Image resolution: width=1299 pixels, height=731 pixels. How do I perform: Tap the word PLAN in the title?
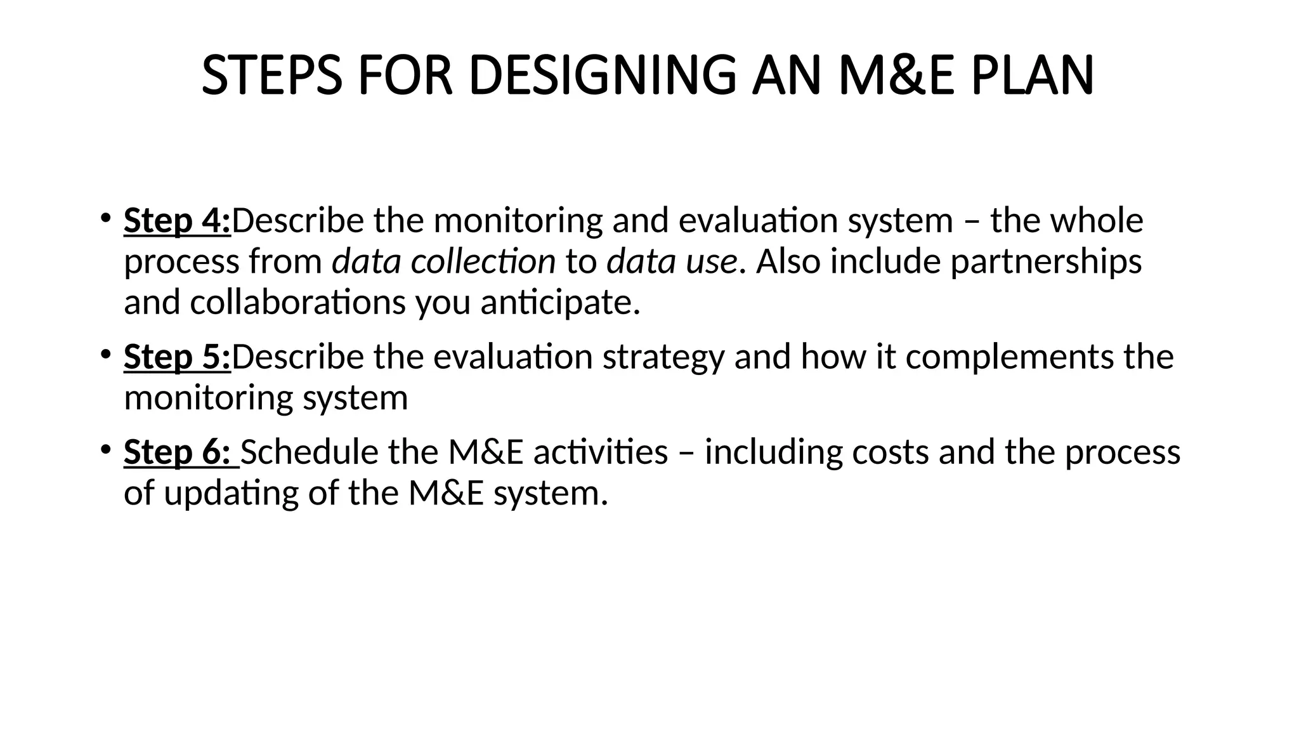(1031, 76)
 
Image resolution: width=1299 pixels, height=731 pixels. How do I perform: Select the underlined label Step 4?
(177, 221)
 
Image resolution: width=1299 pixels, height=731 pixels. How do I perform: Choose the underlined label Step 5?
(177, 357)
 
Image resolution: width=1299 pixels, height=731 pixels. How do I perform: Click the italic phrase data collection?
(443, 261)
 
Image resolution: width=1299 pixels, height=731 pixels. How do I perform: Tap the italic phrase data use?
(672, 261)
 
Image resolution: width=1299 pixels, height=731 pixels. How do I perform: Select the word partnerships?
(1046, 261)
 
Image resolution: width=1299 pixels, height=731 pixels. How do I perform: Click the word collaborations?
(297, 302)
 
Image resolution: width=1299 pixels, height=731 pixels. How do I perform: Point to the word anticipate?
(560, 302)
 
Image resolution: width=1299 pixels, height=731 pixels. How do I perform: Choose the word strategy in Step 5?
(663, 357)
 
